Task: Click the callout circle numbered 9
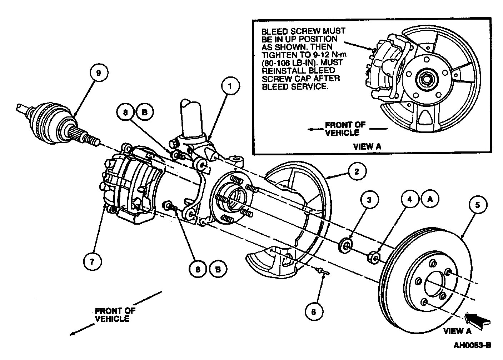click(x=99, y=72)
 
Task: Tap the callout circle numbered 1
click(x=230, y=86)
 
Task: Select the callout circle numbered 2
click(x=356, y=172)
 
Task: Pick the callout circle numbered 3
click(x=369, y=200)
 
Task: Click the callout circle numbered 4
click(x=410, y=200)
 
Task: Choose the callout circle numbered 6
click(x=314, y=311)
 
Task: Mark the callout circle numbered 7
click(x=92, y=261)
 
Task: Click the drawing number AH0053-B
click(x=472, y=345)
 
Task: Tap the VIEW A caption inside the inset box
click(x=367, y=146)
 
